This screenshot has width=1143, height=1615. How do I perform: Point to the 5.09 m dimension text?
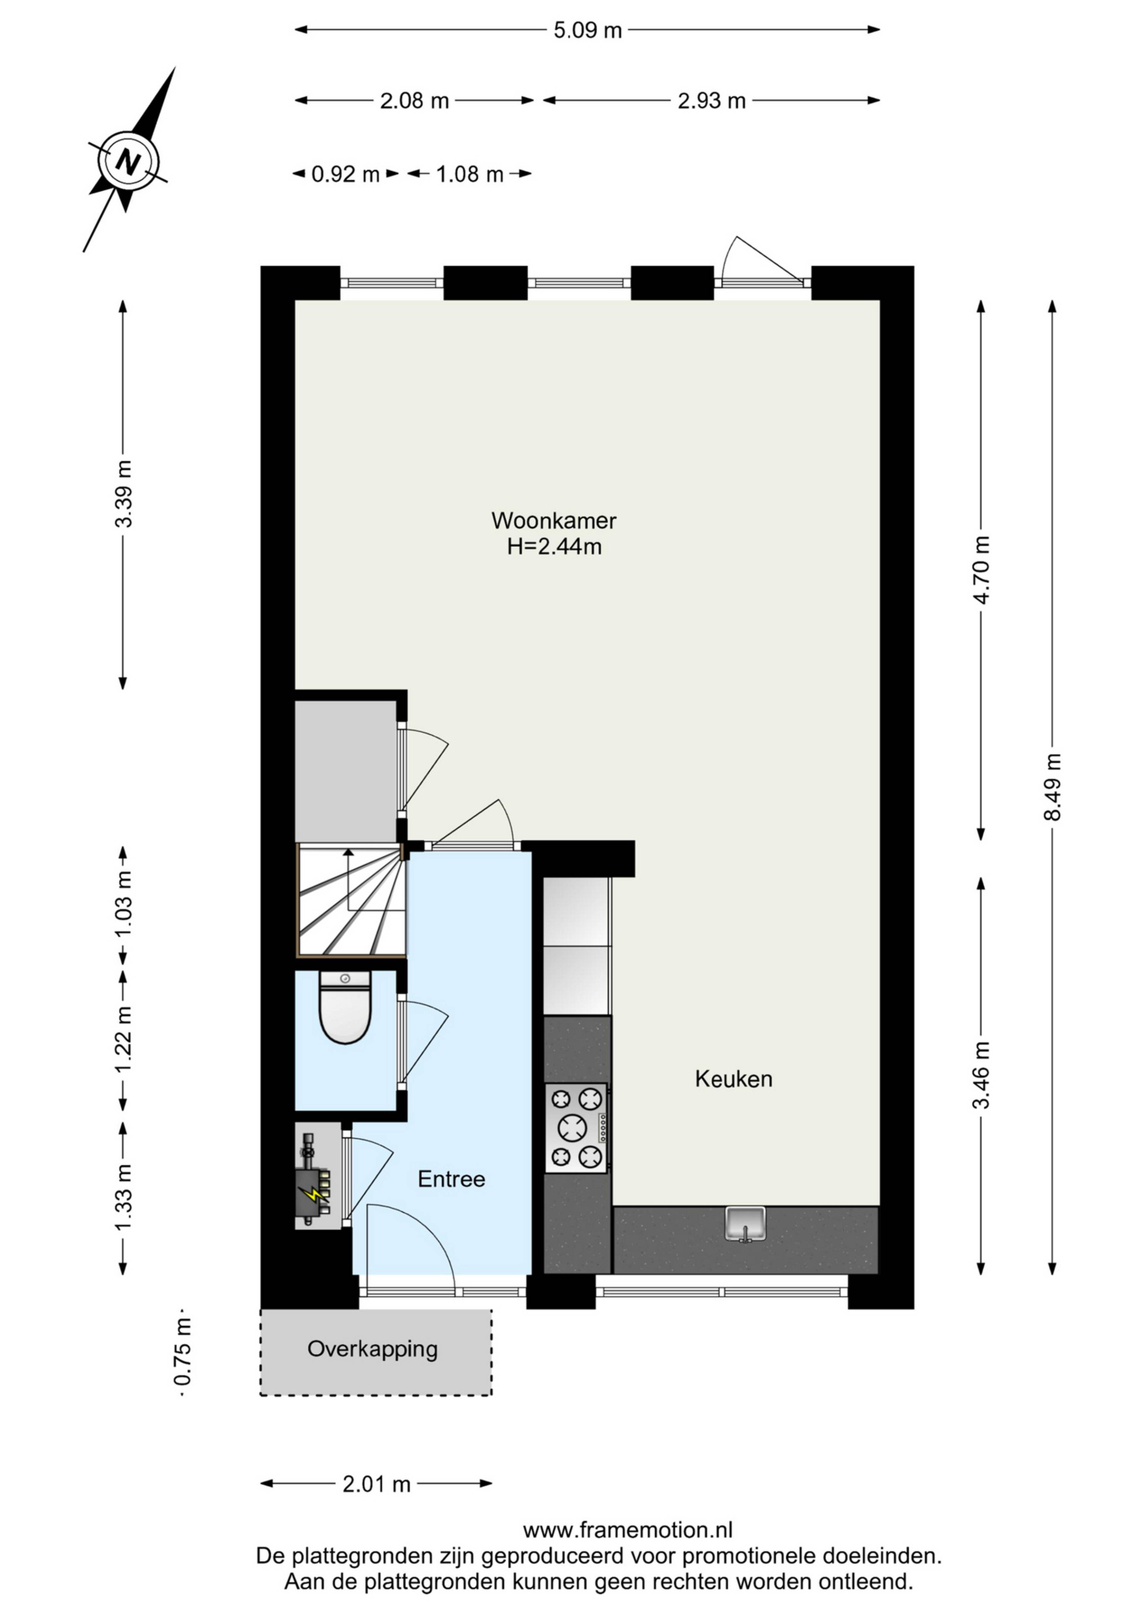588,30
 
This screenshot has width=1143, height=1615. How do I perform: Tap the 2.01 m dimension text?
377,1484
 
